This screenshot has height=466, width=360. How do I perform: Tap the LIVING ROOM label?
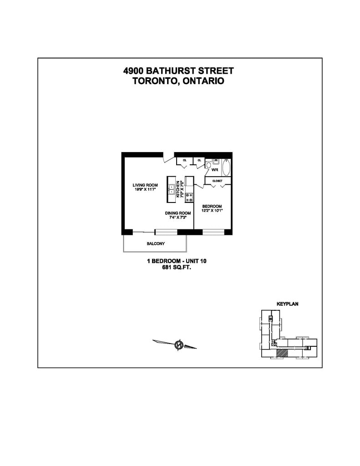tap(145, 185)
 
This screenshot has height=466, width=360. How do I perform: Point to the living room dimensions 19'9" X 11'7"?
tap(145, 190)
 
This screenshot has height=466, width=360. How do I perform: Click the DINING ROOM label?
tap(177, 213)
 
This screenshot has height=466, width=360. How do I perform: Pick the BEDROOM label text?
tap(212, 206)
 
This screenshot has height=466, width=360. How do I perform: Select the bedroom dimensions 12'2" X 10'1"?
tap(212, 211)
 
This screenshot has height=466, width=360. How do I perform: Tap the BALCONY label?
tap(156, 244)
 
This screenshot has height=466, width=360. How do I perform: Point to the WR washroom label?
tap(215, 170)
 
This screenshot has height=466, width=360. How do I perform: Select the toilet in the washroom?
tap(208, 165)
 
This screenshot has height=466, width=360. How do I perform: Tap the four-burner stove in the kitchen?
tap(188, 197)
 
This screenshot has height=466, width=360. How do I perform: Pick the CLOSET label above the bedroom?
tap(217, 181)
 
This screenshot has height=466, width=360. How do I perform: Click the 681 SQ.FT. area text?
tap(177, 268)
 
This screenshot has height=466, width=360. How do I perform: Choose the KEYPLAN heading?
tap(287, 304)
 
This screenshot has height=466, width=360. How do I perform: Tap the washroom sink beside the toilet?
tap(216, 162)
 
